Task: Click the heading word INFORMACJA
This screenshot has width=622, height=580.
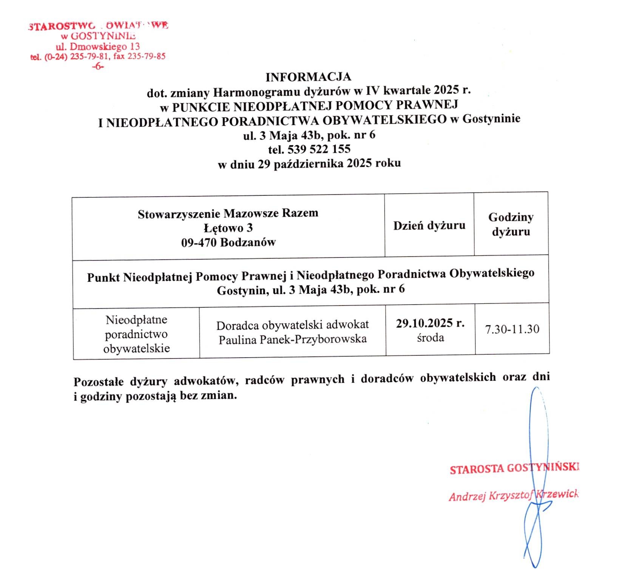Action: [308, 77]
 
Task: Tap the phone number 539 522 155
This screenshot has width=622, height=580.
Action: [319, 149]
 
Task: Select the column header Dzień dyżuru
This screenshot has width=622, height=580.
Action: [429, 226]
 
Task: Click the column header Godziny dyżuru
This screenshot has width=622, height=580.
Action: [511, 224]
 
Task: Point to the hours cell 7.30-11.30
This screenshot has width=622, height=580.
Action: [512, 329]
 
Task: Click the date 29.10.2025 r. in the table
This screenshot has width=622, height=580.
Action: [430, 323]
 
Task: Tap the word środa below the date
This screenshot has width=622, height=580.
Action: [430, 338]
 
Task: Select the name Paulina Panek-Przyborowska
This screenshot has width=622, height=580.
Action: [293, 339]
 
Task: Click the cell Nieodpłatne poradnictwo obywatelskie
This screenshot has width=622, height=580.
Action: [136, 334]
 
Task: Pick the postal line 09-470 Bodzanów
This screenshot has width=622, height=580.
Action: [228, 242]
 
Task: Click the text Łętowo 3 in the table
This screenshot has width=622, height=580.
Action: [228, 228]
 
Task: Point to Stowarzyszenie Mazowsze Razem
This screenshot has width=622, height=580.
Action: [228, 214]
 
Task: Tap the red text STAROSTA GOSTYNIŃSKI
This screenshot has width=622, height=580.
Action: [514, 468]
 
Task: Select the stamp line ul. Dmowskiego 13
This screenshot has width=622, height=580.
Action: [98, 47]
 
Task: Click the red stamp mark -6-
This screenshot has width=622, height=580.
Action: [98, 67]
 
